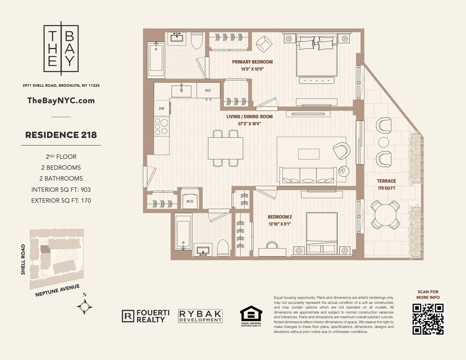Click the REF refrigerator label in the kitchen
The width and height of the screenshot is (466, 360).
(208, 91)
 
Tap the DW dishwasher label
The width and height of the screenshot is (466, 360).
(162, 109)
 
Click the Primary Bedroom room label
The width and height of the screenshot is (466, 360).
(252, 62)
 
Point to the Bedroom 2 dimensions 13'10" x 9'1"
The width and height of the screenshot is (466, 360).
(279, 224)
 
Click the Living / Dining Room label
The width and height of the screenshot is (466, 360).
(249, 117)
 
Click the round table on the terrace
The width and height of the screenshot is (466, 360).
(385, 215)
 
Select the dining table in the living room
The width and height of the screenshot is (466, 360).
(225, 148)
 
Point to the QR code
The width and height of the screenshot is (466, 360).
(428, 319)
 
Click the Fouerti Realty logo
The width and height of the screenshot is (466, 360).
(146, 316)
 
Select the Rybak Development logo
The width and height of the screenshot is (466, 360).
(200, 316)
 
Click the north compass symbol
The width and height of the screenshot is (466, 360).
(85, 306)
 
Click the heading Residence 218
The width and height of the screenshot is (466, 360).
(61, 135)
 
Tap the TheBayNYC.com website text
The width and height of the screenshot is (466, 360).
(61, 101)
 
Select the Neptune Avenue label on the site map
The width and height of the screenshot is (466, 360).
(57, 291)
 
